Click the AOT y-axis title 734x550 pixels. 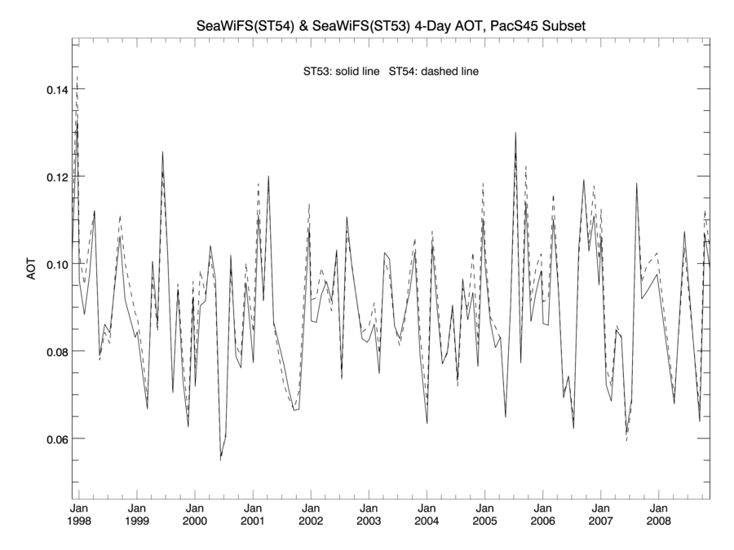click(x=32, y=270)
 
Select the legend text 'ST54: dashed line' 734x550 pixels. click(x=434, y=72)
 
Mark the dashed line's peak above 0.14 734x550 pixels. click(x=77, y=77)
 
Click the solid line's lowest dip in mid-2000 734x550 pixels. click(x=220, y=459)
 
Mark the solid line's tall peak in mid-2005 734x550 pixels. click(x=515, y=133)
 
